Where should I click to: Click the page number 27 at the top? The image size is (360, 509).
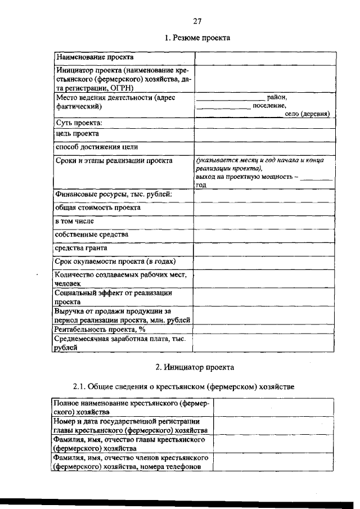(x=197, y=21)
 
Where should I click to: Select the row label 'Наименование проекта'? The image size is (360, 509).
(x=94, y=57)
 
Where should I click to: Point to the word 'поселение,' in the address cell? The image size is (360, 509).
(x=269, y=105)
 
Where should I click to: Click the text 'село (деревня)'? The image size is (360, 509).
(x=307, y=114)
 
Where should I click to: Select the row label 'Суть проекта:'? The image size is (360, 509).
(x=78, y=122)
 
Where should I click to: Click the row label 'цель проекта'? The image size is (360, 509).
(x=77, y=134)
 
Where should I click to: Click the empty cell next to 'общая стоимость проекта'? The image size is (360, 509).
(x=263, y=208)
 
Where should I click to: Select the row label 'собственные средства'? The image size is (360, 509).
(x=92, y=234)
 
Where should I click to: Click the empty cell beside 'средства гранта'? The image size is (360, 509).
(x=263, y=248)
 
